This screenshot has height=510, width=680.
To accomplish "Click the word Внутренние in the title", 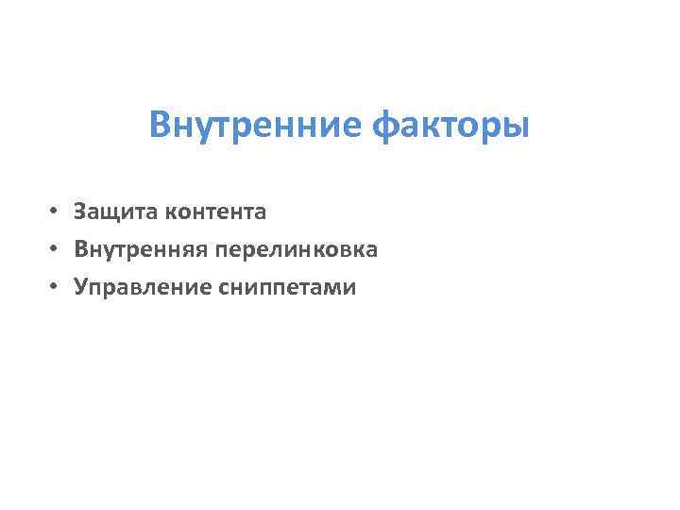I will (256, 124).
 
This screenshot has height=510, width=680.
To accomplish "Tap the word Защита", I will (116, 212).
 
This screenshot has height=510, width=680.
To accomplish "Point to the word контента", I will (215, 212).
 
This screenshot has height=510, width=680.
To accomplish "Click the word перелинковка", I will (297, 250).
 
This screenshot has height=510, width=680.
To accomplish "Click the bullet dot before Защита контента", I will (58, 212).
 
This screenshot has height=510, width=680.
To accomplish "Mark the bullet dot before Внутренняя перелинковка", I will (58, 250).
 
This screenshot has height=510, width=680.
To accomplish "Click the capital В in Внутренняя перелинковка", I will (80, 250).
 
